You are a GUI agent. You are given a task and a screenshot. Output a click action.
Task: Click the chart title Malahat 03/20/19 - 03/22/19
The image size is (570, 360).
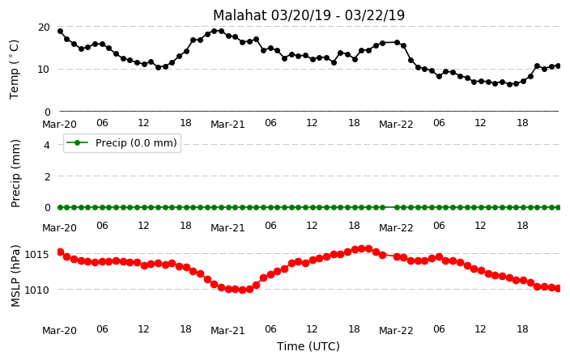(308, 15)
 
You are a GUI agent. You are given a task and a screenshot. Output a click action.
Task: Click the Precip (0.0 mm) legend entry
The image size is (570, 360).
(122, 142)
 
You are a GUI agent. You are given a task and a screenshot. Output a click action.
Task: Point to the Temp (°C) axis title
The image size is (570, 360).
(15, 69)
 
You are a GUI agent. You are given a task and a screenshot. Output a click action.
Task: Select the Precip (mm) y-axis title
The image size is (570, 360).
(15, 173)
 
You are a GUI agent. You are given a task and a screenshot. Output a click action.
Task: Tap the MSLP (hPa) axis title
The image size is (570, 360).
(15, 276)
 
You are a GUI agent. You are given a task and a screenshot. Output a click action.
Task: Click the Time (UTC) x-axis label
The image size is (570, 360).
(308, 346)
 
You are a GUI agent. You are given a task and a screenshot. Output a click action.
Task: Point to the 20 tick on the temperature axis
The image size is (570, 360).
(44, 28)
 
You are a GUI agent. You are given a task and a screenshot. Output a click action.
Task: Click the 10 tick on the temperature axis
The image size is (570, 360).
(44, 69)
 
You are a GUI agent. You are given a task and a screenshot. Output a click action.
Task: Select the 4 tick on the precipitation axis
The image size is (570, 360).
(47, 146)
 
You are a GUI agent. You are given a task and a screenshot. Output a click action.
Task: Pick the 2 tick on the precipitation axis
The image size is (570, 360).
(47, 176)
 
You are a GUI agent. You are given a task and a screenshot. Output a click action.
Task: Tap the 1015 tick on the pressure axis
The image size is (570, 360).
(36, 254)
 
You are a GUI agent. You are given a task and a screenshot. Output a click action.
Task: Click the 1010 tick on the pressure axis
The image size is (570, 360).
(36, 290)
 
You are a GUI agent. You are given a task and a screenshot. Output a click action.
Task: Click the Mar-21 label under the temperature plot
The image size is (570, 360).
(228, 125)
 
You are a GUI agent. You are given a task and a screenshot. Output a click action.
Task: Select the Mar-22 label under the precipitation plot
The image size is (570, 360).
(396, 228)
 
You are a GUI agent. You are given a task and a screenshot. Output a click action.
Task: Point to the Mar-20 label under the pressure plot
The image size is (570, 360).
(60, 330)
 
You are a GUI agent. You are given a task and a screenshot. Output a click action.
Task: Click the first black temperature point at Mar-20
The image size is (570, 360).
(61, 32)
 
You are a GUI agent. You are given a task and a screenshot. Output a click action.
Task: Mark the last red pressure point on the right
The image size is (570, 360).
(559, 289)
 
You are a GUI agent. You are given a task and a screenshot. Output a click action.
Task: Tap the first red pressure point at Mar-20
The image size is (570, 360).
(61, 252)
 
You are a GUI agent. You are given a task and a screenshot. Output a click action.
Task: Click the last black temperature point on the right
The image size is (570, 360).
(559, 66)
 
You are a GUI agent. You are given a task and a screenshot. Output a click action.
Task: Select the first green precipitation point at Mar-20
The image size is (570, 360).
(61, 207)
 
